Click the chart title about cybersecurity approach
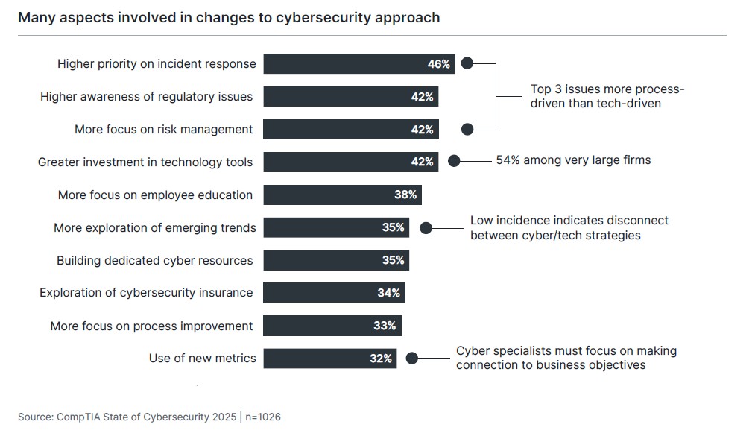tap(229, 17)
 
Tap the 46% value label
tap(438, 64)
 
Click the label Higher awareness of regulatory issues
tap(146, 97)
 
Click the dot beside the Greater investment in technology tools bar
tap(453, 160)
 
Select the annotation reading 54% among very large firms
tap(573, 160)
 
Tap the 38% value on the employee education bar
tap(405, 195)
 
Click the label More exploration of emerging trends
tap(154, 228)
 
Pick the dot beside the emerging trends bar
tap(426, 228)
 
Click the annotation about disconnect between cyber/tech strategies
tap(569, 228)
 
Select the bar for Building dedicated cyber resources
tap(335, 260)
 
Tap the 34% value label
tap(388, 293)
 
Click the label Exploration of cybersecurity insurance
tap(146, 293)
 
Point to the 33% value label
tap(385, 326)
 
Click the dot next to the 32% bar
tap(412, 359)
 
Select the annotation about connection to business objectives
tap(566, 358)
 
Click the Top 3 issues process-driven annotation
tap(607, 96)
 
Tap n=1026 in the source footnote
tap(263, 417)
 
